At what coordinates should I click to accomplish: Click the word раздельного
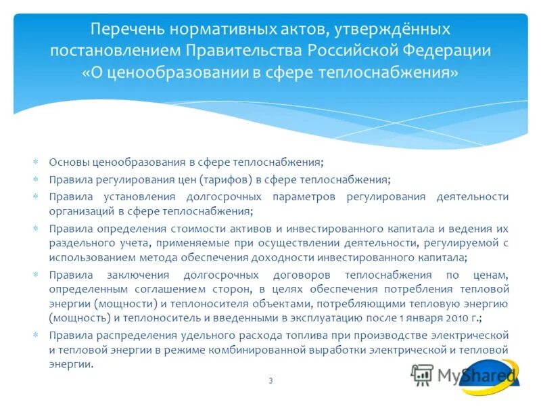[77, 244]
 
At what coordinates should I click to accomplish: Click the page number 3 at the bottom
[270, 381]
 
